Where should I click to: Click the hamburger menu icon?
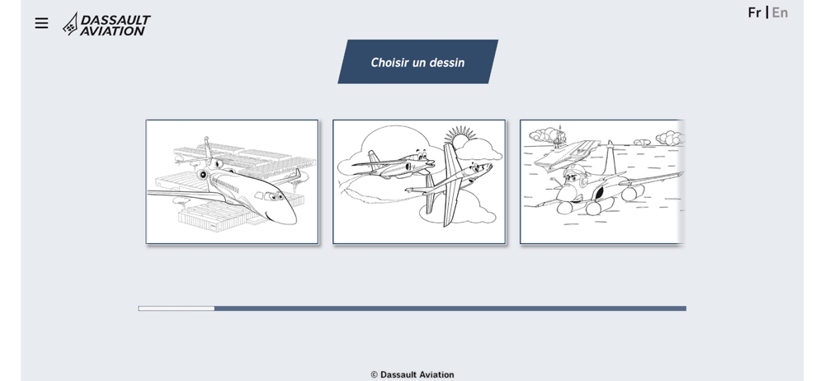41,23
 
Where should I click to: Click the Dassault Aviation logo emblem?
70,24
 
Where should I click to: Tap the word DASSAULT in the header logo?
115,20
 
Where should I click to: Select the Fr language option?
755,12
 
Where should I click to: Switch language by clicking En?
780,12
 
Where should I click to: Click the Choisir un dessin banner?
417,62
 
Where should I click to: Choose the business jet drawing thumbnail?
232,181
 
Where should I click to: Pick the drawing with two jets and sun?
419,181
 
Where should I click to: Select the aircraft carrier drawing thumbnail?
602,181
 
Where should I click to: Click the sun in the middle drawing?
459,139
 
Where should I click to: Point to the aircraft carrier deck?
568,153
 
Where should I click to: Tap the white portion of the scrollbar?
177,308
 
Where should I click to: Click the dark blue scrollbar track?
450,308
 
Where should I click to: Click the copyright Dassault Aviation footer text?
412,374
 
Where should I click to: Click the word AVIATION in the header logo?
112,31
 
